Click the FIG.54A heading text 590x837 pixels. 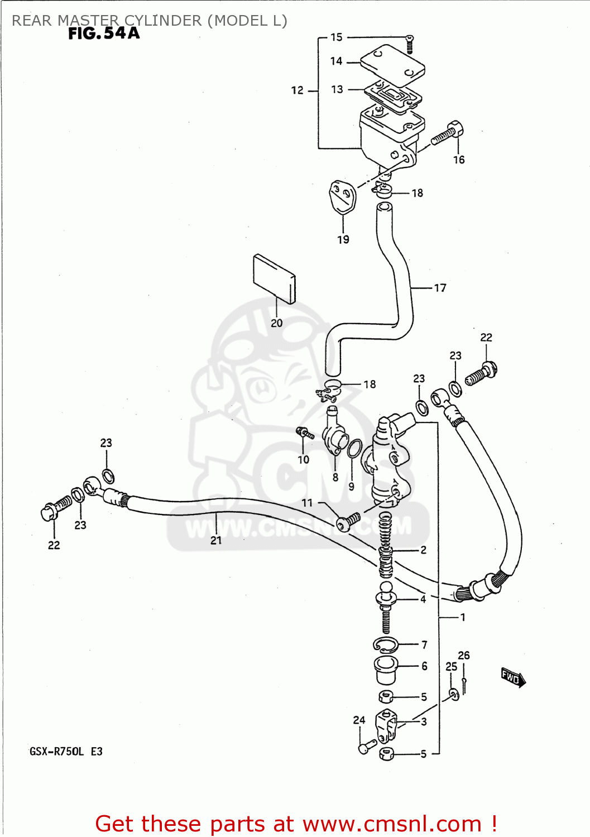104,33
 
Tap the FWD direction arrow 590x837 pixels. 512,677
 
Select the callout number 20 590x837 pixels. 277,323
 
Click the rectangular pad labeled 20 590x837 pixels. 274,279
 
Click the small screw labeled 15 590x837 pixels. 409,43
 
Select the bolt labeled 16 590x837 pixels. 448,133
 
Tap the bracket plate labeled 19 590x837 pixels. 342,197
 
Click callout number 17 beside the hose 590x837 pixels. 440,288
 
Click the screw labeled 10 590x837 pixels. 305,433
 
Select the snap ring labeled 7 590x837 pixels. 386,645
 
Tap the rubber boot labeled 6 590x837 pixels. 386,670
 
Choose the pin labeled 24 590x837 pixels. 366,746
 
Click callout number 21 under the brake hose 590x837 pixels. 216,540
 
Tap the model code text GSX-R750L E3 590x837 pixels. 66,752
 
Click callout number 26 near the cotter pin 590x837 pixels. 464,655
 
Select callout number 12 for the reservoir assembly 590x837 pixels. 298,90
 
